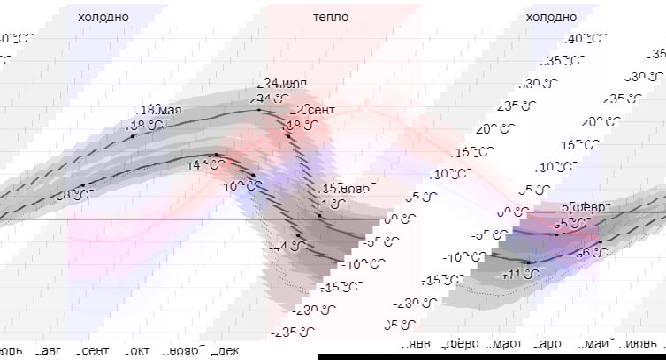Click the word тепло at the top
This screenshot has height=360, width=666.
[330, 17]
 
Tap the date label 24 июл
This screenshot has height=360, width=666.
[284, 83]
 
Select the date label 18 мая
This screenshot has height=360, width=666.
[160, 111]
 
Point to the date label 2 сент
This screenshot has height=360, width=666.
[315, 110]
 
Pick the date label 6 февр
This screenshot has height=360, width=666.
[586, 207]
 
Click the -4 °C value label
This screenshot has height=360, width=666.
[288, 246]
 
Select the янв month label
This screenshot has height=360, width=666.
[422, 343]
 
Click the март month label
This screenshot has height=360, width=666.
[506, 343]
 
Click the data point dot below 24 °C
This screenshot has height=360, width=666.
[259, 110]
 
